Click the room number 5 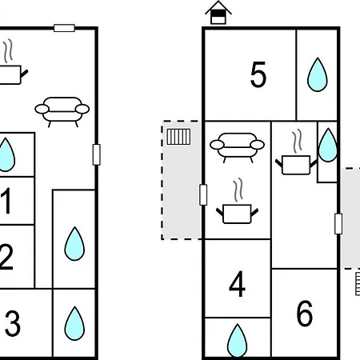pyautogui.click(x=258, y=74)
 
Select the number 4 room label pyautogui.click(x=237, y=284)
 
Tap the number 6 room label pyautogui.click(x=304, y=313)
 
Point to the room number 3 pyautogui.click(x=13, y=323)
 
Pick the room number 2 pyautogui.click(x=6, y=257)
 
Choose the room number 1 pyautogui.click(x=6, y=201)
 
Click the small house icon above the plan pyautogui.click(x=218, y=13)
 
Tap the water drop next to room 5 pyautogui.click(x=318, y=74)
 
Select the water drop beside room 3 pyautogui.click(x=74, y=323)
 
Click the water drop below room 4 pyautogui.click(x=237, y=341)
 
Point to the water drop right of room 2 pyautogui.click(x=74, y=243)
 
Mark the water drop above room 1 pyautogui.click(x=6, y=154)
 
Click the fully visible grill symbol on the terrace pyautogui.click(x=178, y=137)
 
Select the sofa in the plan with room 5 pyautogui.click(x=237, y=147)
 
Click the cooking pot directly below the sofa pyautogui.click(x=237, y=202)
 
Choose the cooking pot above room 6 pyautogui.click(x=296, y=153)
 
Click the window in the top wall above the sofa pyautogui.click(x=64, y=28)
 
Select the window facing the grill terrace pyautogui.click(x=203, y=195)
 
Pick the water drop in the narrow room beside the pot pyautogui.click(x=328, y=145)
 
